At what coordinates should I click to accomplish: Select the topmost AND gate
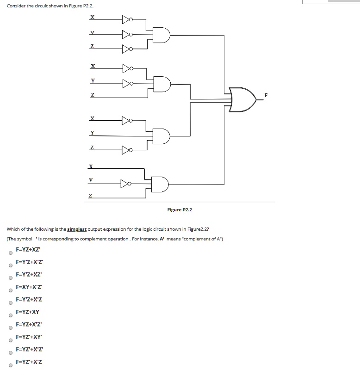(163, 35)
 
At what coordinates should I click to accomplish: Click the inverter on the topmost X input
(127, 19)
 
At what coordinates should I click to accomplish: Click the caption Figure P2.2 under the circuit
(180, 210)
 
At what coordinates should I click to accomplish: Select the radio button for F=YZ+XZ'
(10, 253)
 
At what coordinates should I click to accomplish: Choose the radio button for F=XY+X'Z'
(10, 291)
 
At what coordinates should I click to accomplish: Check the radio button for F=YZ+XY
(10, 316)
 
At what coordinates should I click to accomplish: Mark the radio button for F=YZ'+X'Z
(10, 365)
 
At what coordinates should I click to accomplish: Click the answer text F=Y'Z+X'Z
(29, 299)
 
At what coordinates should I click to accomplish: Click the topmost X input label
(93, 18)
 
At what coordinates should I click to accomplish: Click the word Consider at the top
(16, 6)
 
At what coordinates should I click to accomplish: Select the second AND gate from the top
(163, 84)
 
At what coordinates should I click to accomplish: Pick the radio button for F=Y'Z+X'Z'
(10, 266)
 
